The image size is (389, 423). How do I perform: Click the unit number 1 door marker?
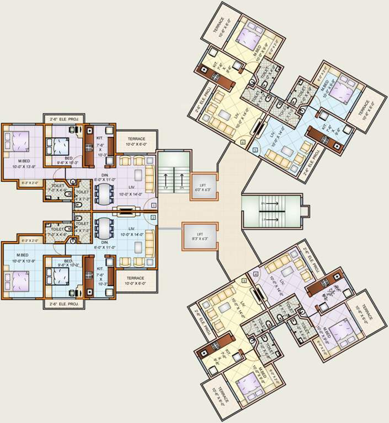point(153,205)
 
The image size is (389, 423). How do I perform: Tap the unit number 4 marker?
point(255,274)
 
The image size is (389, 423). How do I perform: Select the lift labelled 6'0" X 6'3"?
point(199,186)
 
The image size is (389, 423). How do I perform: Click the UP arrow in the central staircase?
point(166,180)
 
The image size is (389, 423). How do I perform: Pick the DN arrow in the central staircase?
point(181,180)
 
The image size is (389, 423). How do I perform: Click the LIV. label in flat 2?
point(131,228)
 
